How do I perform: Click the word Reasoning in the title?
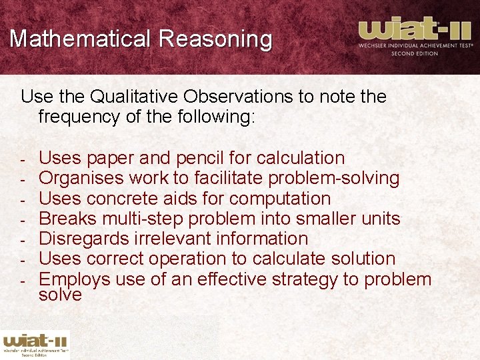click(215, 39)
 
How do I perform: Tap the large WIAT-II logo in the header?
click(415, 36)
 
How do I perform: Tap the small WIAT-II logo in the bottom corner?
click(35, 343)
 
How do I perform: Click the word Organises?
click(81, 178)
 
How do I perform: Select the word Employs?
click(74, 279)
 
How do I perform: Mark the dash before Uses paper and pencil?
click(22, 159)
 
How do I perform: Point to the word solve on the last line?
click(60, 294)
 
